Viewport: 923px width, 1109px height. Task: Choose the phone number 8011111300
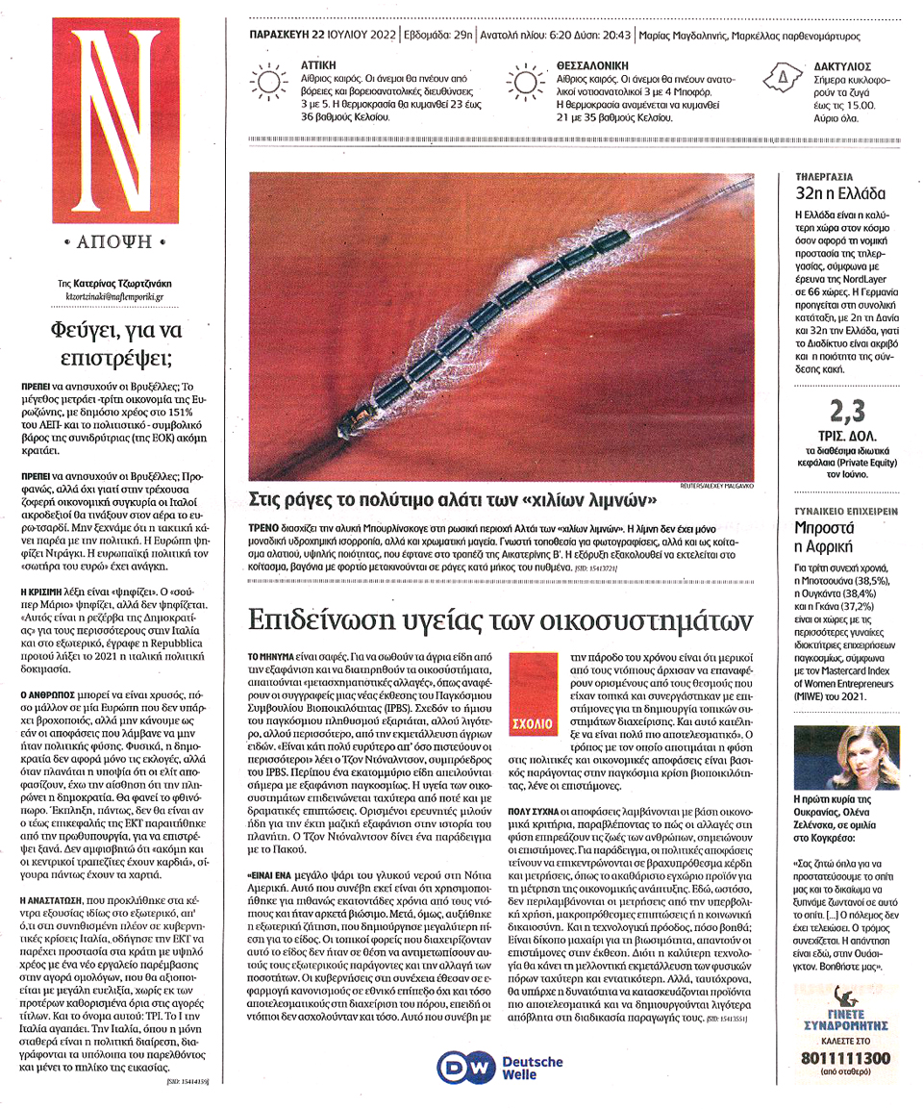(x=846, y=1059)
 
